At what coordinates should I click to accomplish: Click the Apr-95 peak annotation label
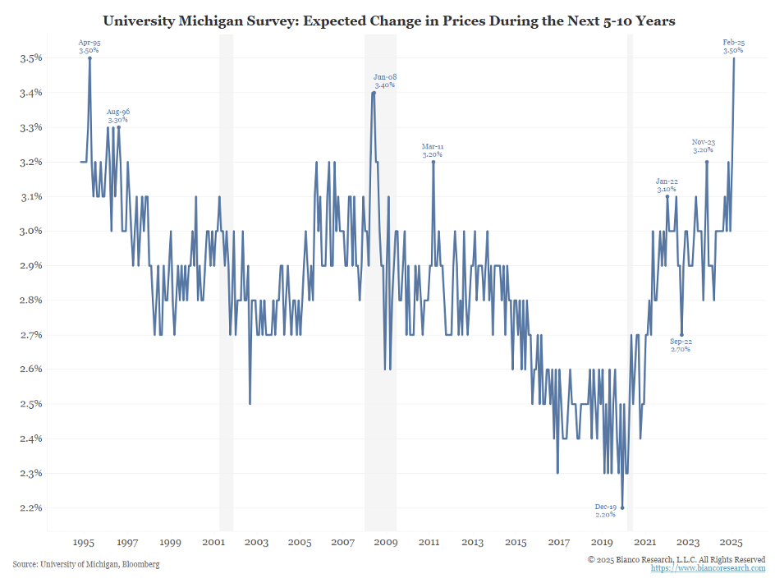pyautogui.click(x=89, y=46)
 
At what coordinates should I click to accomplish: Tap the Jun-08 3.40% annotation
pyautogui.click(x=385, y=80)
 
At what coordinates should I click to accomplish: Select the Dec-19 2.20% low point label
pyautogui.click(x=605, y=511)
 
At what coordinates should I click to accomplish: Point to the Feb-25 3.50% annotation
pyautogui.click(x=733, y=46)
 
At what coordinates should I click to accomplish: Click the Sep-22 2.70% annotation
pyautogui.click(x=681, y=345)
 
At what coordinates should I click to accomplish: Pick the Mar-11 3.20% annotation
pyautogui.click(x=433, y=150)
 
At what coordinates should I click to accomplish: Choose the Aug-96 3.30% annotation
pyautogui.click(x=118, y=116)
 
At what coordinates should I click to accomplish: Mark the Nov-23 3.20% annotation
pyautogui.click(x=704, y=146)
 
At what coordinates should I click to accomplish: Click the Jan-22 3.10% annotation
pyautogui.click(x=666, y=185)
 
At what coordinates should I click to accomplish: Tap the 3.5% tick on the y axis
pyautogui.click(x=30, y=58)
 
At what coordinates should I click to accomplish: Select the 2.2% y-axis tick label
pyautogui.click(x=30, y=507)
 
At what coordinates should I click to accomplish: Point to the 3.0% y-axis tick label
pyautogui.click(x=30, y=231)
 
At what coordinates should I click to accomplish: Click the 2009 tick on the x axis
pyautogui.click(x=385, y=543)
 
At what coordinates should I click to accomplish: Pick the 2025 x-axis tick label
pyautogui.click(x=731, y=543)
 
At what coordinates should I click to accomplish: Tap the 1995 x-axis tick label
pyautogui.click(x=84, y=543)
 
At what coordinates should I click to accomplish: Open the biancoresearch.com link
pyautogui.click(x=709, y=567)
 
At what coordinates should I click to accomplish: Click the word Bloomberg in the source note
pyautogui.click(x=140, y=564)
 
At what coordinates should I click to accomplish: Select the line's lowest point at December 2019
pyautogui.click(x=622, y=507)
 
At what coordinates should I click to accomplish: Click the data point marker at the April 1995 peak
pyautogui.click(x=89, y=58)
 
